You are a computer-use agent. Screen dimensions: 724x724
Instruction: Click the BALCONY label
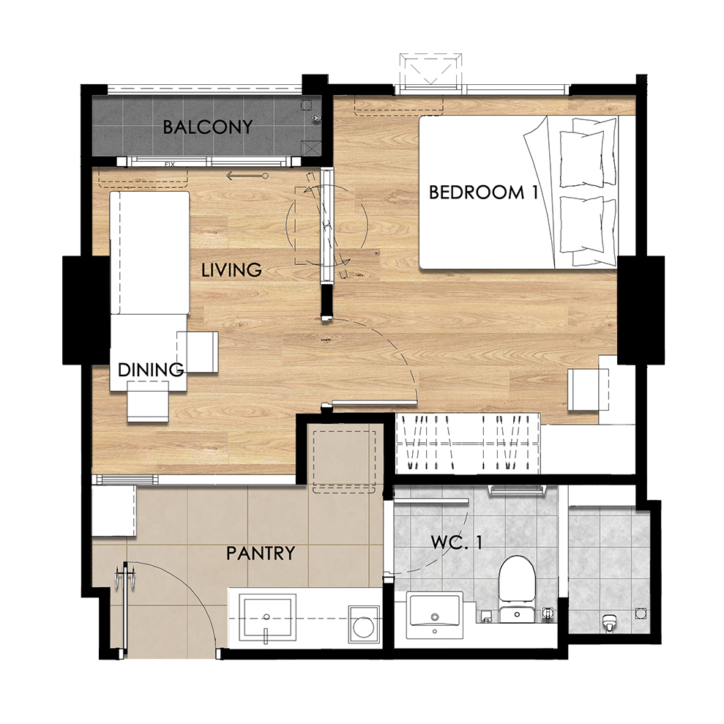[208, 127]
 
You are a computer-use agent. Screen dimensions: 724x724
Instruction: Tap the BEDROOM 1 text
[483, 192]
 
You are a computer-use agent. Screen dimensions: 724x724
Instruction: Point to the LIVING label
[231, 269]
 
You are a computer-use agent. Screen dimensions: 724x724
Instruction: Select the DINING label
[151, 370]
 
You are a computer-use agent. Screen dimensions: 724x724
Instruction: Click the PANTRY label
[261, 553]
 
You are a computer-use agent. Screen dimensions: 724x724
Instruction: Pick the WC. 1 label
[457, 542]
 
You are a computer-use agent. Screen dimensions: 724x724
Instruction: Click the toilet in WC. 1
[517, 589]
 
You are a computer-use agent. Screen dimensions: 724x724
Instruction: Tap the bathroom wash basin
[434, 616]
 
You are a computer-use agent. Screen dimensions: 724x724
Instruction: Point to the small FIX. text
[171, 164]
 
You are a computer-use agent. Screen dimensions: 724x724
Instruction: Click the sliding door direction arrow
[247, 176]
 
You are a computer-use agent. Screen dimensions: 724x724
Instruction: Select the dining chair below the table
[148, 401]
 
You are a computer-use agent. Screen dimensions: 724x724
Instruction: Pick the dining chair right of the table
[198, 352]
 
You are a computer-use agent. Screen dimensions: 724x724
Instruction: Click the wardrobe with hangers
[468, 443]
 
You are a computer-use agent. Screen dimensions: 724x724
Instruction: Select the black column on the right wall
[641, 310]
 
